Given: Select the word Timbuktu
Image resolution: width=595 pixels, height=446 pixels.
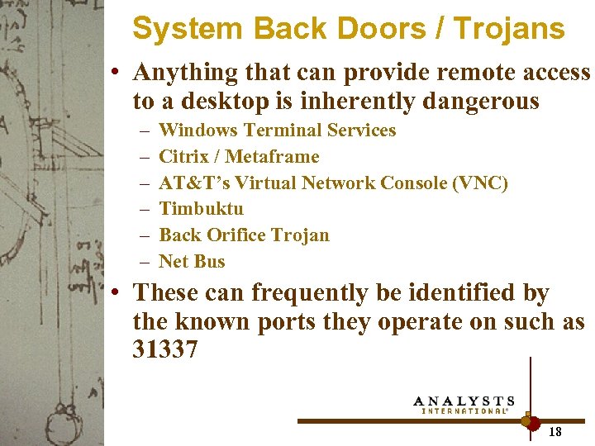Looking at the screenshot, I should pyautogui.click(x=201, y=209).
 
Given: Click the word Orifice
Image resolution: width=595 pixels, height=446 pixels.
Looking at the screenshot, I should pyautogui.click(x=245, y=235).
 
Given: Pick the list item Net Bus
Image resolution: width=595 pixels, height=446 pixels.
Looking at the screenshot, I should pyautogui.click(x=192, y=262).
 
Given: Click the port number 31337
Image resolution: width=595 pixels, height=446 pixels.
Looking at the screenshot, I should pyautogui.click(x=165, y=350).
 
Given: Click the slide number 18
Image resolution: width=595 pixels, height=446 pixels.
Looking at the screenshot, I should pyautogui.click(x=555, y=431).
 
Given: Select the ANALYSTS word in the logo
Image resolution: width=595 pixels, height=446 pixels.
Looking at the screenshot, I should pyautogui.click(x=464, y=401).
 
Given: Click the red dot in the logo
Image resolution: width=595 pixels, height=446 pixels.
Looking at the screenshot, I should pyautogui.click(x=533, y=422).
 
